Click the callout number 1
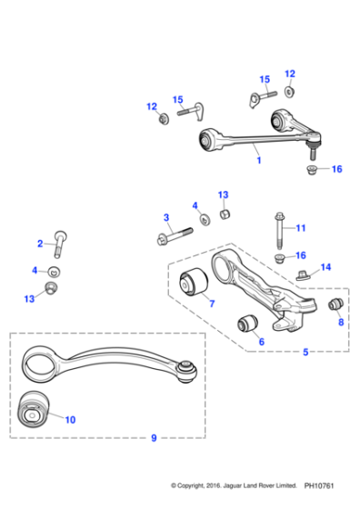click(259, 161)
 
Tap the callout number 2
click(40, 243)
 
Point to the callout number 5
click(305, 352)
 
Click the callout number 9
click(154, 438)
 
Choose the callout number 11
click(301, 227)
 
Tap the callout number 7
click(211, 304)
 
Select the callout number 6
click(261, 341)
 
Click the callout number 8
click(341, 322)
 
